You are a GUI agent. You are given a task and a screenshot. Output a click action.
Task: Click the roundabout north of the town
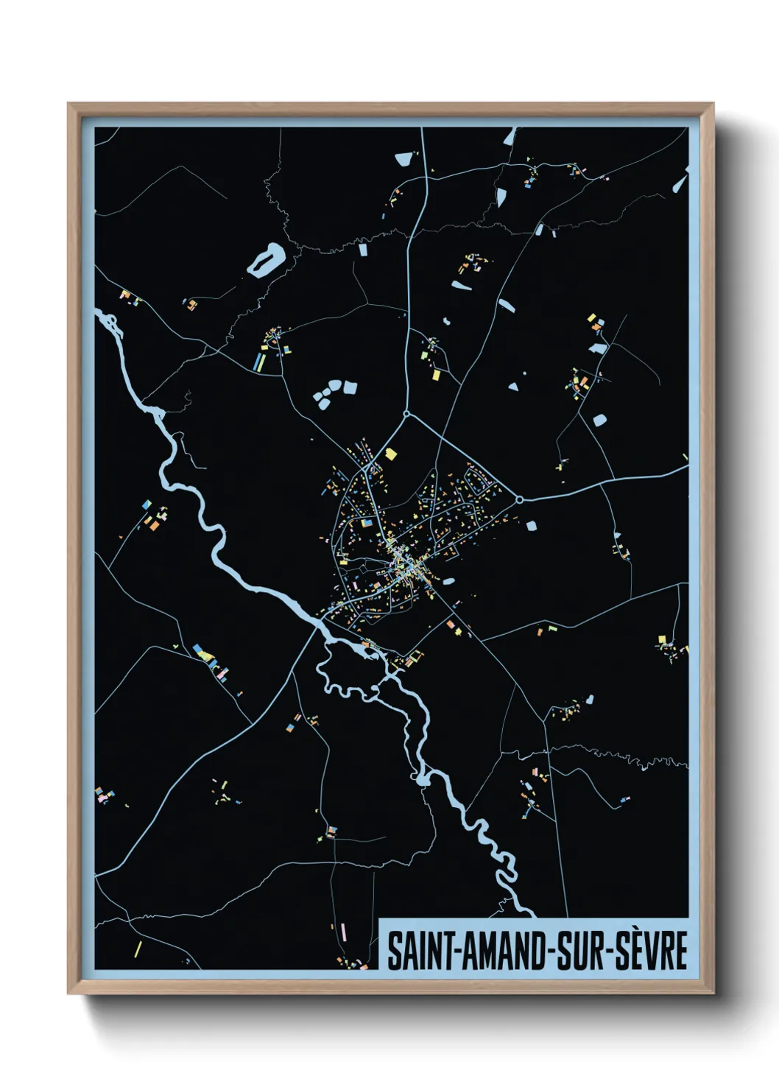(406, 415)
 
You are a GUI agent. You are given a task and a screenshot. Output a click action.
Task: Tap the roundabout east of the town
(519, 499)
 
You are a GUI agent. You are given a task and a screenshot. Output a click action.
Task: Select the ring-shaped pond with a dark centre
(266, 260)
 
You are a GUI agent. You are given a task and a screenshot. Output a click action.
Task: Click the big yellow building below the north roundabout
(390, 454)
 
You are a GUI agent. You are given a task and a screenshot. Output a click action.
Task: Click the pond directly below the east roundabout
(532, 526)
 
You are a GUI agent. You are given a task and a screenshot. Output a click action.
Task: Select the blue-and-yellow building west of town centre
(366, 524)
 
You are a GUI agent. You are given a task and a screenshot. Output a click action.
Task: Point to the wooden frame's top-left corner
(68, 104)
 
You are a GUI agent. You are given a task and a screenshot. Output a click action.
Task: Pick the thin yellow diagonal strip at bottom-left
(138, 949)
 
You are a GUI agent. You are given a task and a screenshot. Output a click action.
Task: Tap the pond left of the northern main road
(403, 158)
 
